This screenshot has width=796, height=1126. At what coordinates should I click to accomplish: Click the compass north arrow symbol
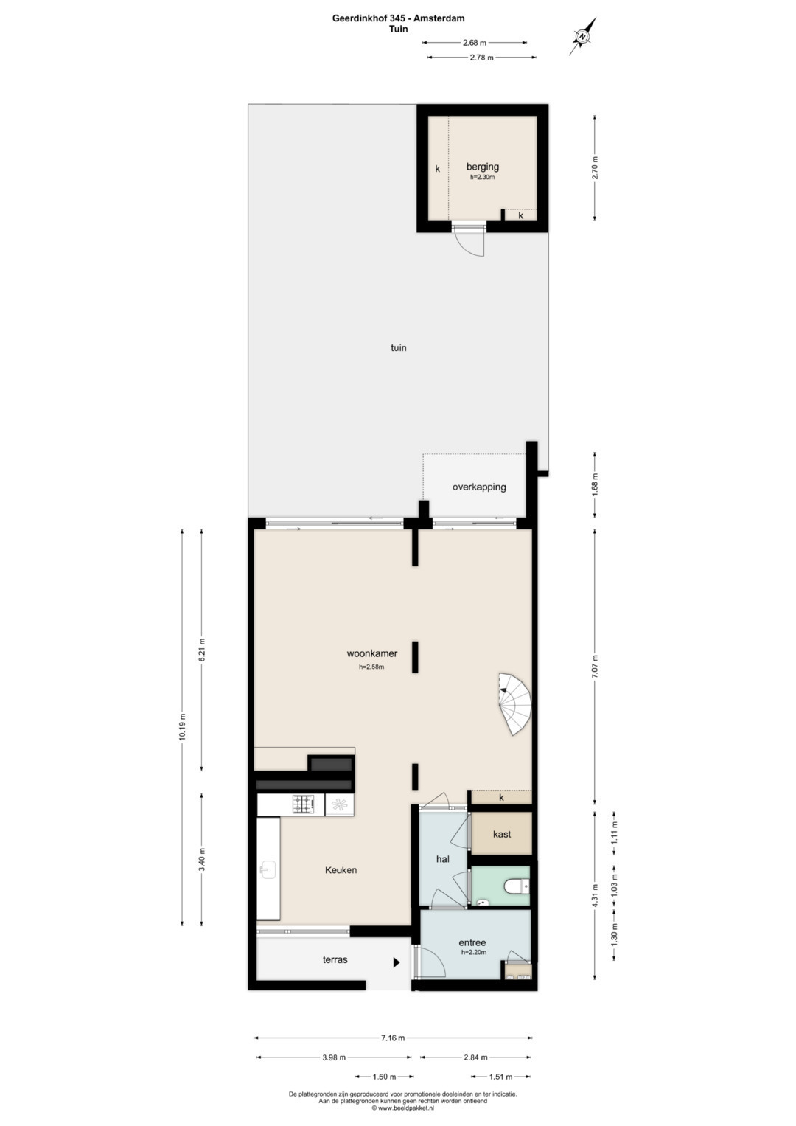click(x=583, y=36)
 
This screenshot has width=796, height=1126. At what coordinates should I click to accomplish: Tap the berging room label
click(x=483, y=167)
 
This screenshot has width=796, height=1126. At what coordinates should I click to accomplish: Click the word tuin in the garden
click(x=399, y=347)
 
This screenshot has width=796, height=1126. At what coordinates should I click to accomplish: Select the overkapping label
click(x=479, y=487)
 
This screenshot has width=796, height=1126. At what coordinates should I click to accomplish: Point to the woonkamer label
click(x=372, y=653)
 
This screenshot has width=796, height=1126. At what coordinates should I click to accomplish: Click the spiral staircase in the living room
click(x=514, y=703)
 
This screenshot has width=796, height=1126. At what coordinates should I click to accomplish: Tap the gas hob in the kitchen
click(x=304, y=804)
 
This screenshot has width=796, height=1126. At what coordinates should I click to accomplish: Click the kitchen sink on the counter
click(x=268, y=870)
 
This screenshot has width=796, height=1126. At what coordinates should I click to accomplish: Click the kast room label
click(x=501, y=834)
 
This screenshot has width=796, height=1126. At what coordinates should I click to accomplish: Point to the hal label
click(x=443, y=859)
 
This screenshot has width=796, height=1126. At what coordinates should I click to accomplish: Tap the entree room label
click(x=472, y=943)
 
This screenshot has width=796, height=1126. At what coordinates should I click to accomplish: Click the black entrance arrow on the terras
click(x=397, y=962)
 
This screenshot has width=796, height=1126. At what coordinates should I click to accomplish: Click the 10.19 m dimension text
click(x=183, y=726)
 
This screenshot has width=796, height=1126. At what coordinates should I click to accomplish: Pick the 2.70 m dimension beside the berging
click(x=595, y=168)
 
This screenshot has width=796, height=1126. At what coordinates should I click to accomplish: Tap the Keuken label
click(x=341, y=870)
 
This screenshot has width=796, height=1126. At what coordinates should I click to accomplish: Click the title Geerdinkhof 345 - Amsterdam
click(x=398, y=18)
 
